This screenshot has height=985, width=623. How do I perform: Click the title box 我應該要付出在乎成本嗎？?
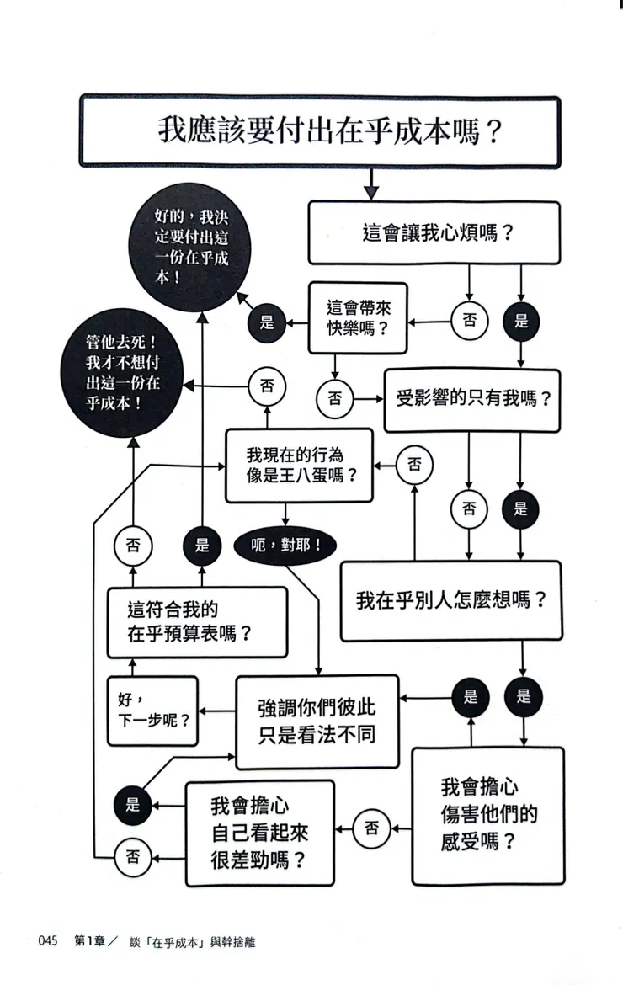pos(320,132)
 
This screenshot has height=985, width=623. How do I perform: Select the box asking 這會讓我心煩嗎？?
pos(434,232)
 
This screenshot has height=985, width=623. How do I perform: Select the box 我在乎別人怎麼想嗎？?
pos(451,601)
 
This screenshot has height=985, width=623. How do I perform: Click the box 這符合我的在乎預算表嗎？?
pos(197,621)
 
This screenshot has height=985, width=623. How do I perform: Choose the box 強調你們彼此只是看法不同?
pos(317,721)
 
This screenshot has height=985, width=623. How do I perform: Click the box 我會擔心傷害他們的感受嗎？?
pos(487,815)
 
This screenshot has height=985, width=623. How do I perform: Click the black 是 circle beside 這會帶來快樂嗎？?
pos(268,322)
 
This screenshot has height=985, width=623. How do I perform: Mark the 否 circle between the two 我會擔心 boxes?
pos(371,828)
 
